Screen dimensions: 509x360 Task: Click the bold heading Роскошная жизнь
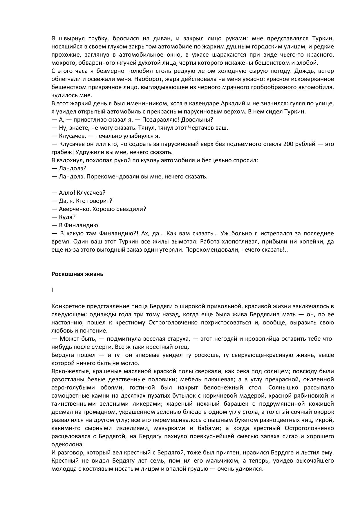tap(77, 274)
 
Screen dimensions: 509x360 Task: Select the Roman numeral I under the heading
tap(53, 290)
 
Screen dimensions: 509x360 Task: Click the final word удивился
tap(251, 469)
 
